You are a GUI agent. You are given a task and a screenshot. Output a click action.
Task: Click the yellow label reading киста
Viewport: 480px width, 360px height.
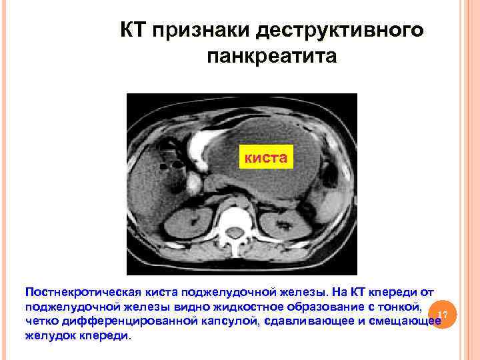(x=265, y=158)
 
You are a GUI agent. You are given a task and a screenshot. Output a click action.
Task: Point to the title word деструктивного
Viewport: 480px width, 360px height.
(x=339, y=31)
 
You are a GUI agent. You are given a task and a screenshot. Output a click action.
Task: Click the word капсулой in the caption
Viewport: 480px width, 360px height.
(x=226, y=322)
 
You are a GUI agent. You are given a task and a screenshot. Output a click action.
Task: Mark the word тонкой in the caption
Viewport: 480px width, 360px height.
(x=399, y=307)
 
